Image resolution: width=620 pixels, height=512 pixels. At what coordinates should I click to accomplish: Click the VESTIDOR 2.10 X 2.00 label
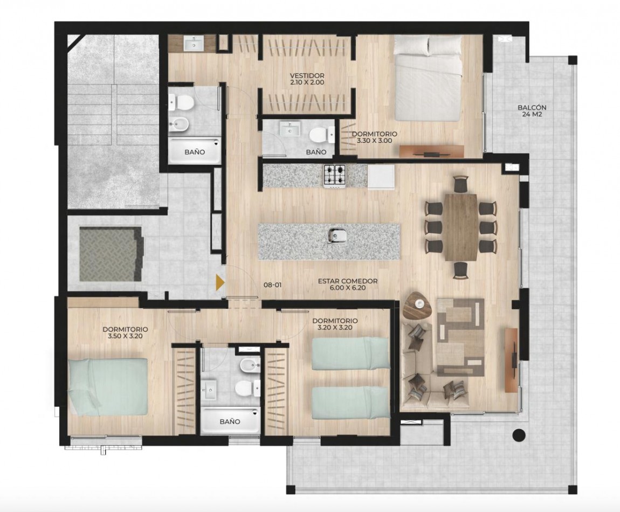pyautogui.click(x=307, y=79)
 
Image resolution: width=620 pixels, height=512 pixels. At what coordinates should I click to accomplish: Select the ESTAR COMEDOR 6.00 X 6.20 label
pyautogui.click(x=347, y=285)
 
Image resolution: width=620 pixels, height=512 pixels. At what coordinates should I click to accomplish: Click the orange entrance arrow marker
pyautogui.click(x=220, y=282)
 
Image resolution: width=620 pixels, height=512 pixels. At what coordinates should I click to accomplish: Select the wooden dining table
pyautogui.click(x=460, y=227)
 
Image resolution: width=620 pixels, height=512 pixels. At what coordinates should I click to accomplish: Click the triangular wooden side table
pyautogui.click(x=418, y=306)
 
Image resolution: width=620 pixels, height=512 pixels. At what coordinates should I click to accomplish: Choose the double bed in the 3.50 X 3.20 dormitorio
pyautogui.click(x=108, y=386)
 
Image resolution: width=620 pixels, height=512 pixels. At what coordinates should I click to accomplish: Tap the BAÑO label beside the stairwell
pyautogui.click(x=194, y=152)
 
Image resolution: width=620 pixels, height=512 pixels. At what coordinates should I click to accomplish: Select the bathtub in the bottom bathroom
pyautogui.click(x=230, y=421)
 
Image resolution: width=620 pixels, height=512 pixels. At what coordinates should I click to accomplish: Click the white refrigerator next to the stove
pyautogui.click(x=381, y=176)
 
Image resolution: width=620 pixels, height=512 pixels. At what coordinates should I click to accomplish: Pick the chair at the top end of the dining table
pyautogui.click(x=460, y=184)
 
